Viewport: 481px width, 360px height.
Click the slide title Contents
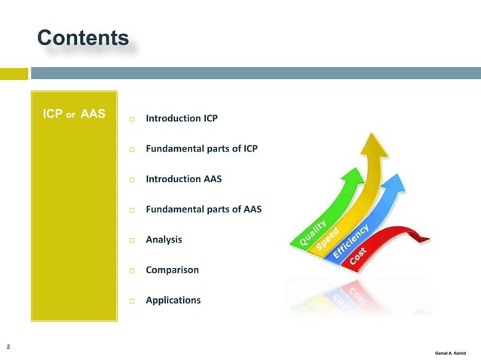(83, 38)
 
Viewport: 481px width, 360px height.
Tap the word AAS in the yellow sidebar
(92, 116)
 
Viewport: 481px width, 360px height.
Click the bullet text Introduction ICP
(182, 119)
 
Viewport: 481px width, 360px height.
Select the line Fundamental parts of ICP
(201, 149)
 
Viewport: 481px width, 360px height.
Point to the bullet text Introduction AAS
(183, 179)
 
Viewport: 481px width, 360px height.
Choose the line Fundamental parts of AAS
(203, 209)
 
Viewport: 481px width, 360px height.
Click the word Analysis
(164, 239)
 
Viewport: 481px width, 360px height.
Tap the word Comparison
(172, 270)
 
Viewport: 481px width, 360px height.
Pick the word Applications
(173, 300)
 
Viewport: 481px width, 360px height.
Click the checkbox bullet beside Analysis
(131, 240)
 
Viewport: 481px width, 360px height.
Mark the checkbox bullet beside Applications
(131, 301)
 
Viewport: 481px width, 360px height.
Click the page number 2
(8, 346)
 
